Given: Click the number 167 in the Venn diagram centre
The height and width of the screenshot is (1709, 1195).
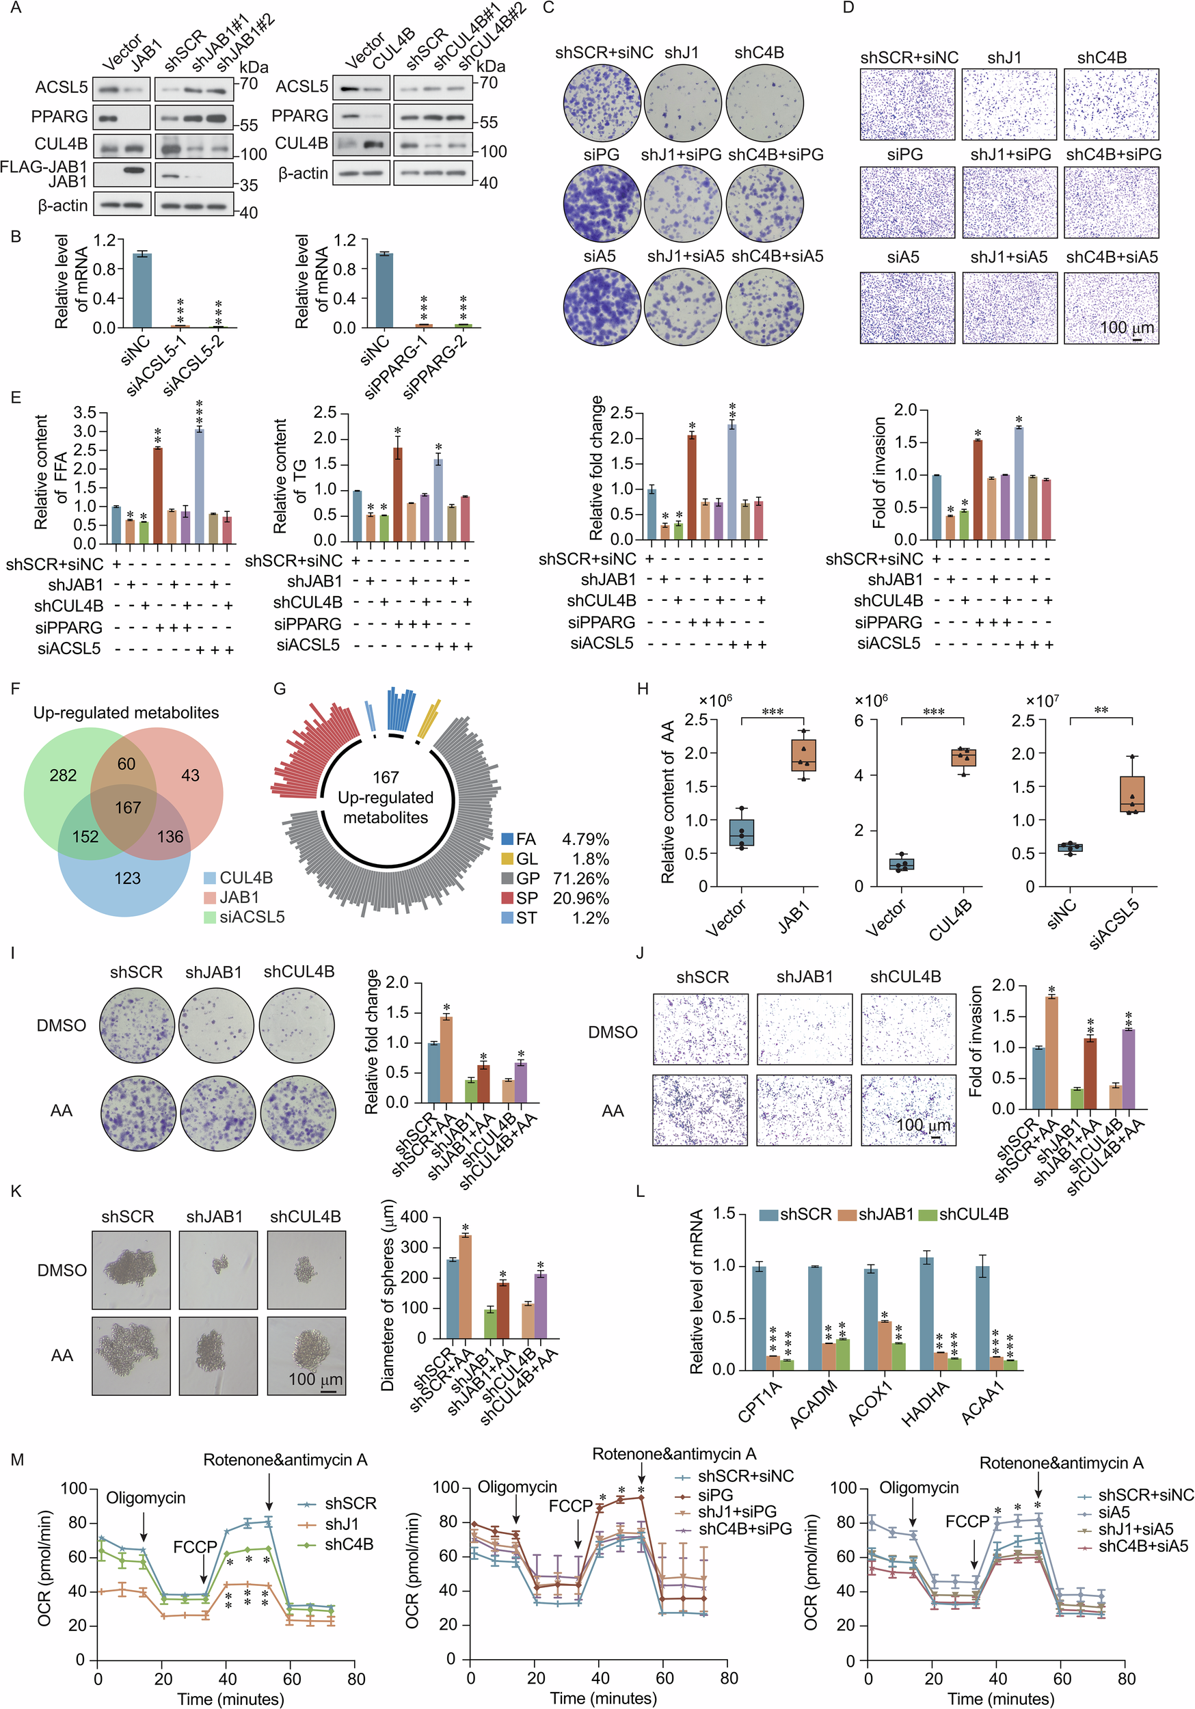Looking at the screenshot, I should [x=128, y=807].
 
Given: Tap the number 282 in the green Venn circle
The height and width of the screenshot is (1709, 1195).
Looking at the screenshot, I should [x=64, y=776].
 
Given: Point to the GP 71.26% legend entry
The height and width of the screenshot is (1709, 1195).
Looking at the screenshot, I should [x=554, y=878].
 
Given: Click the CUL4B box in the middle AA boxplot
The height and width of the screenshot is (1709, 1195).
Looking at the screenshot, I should [x=963, y=757].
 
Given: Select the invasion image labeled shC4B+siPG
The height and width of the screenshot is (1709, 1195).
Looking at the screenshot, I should [x=1111, y=202].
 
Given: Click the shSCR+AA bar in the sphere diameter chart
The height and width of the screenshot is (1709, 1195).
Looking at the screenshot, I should [x=466, y=1285].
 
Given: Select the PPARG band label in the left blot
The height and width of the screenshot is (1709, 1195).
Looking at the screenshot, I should [x=59, y=117].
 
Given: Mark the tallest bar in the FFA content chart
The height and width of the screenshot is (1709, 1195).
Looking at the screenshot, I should [x=199, y=486].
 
